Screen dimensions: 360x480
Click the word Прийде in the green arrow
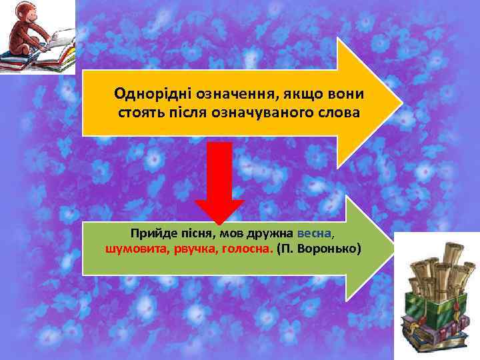tap(151, 235)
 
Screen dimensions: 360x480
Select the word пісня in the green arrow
tap(195, 235)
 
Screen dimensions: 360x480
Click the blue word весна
tap(313, 235)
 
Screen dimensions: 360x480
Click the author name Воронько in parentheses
tap(329, 249)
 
